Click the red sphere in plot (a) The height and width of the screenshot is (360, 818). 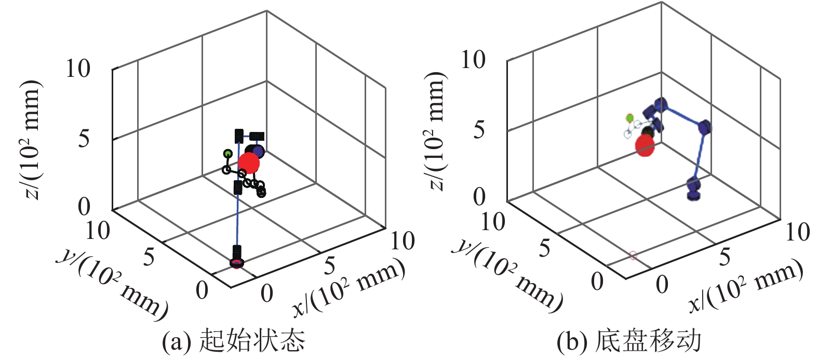(249, 163)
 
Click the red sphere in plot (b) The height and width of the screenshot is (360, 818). (645, 145)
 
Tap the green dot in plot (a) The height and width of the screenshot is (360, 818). (227, 153)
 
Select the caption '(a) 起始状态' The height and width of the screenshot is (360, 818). (234, 341)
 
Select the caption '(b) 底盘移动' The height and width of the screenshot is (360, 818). (629, 341)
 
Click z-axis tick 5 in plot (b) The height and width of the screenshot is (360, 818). (479, 129)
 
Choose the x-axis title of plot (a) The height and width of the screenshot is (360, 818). (348, 286)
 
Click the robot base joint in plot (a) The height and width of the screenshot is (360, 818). (237, 262)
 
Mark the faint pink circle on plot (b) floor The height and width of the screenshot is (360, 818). (633, 255)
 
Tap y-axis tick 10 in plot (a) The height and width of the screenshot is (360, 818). (98, 230)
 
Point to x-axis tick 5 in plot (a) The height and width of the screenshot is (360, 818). (329, 266)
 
